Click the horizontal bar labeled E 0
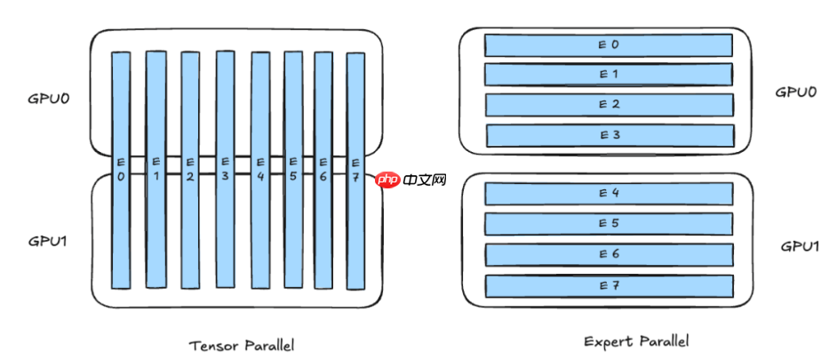pyautogui.click(x=608, y=44)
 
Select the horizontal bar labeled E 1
pyautogui.click(x=608, y=74)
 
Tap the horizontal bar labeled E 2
pyautogui.click(x=609, y=105)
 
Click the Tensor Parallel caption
pyautogui.click(x=242, y=344)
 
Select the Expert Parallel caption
pyautogui.click(x=635, y=340)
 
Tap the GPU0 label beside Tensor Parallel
pyautogui.click(x=49, y=97)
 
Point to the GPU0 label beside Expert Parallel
pyautogui.click(x=795, y=92)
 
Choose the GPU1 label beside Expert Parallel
pyautogui.click(x=800, y=246)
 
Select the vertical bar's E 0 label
pyautogui.click(x=121, y=169)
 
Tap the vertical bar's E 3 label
pyautogui.click(x=225, y=169)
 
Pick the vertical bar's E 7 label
pyautogui.click(x=355, y=169)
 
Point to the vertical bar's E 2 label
pyautogui.click(x=190, y=169)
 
